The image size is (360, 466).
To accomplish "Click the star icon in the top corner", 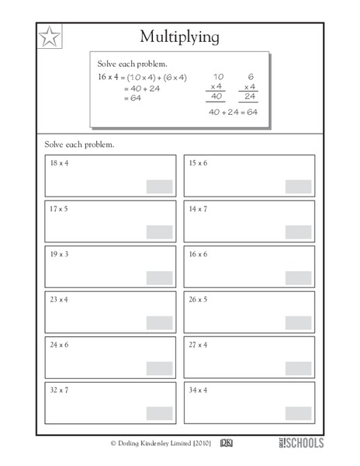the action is point(49,37).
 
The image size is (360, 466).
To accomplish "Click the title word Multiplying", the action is point(179,37).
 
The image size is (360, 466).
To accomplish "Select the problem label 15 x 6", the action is point(198,163).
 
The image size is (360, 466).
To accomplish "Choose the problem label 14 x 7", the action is point(198,209).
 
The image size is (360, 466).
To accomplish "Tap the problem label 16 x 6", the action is point(198,254).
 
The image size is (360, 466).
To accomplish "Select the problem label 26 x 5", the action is point(198,299).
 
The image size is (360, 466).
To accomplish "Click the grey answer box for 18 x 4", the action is point(160,186).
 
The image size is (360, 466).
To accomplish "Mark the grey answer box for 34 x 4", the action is point(298,413).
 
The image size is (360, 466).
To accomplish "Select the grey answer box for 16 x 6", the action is point(298,277).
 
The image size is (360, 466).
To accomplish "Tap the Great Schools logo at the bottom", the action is point(295,443).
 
